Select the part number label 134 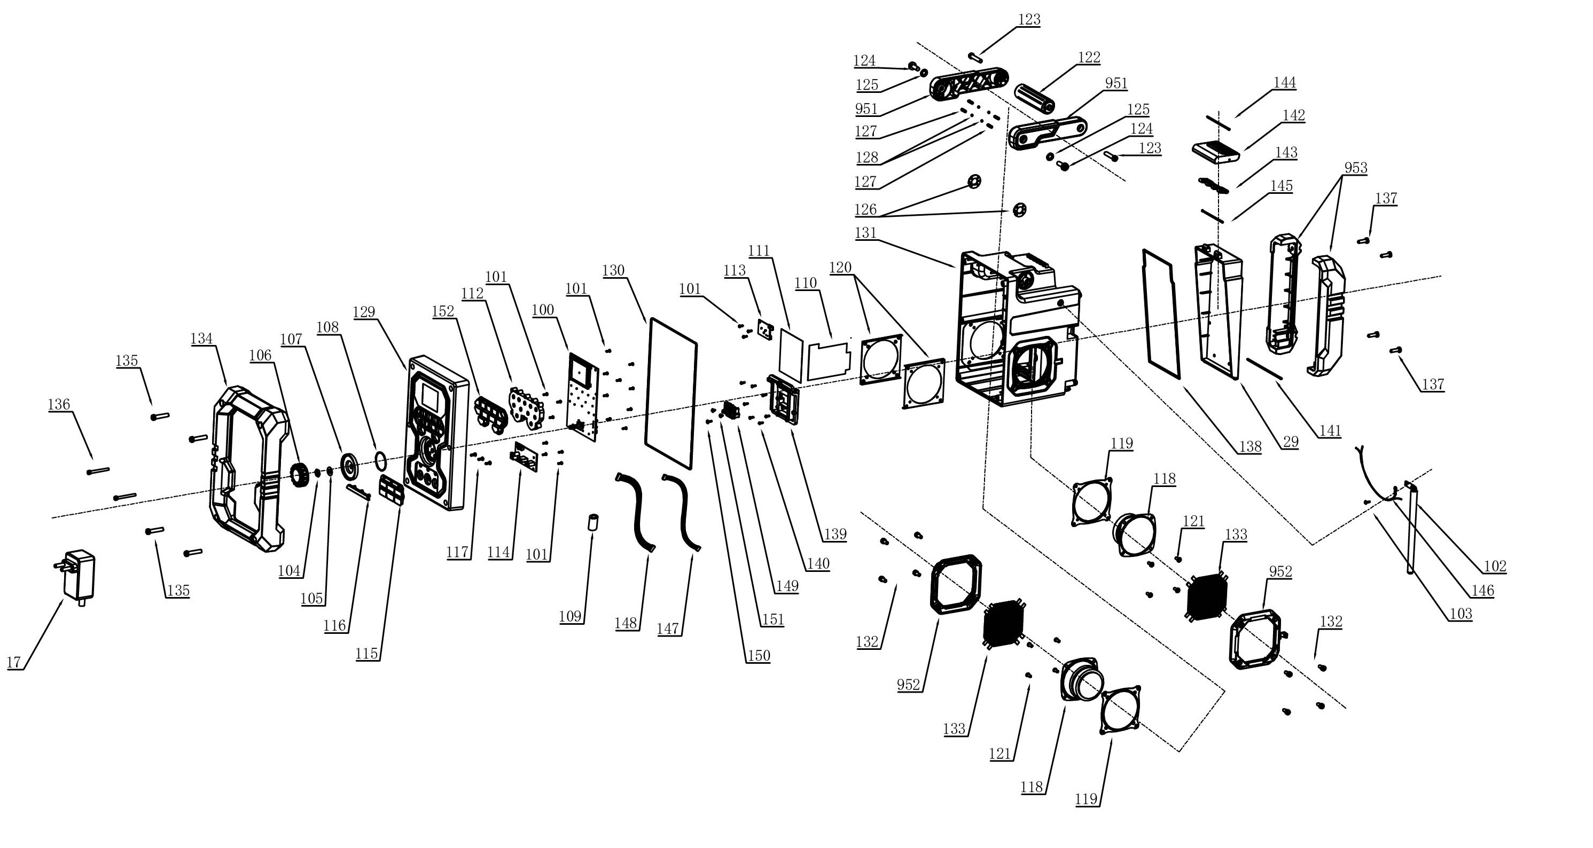pyautogui.click(x=201, y=338)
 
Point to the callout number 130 pyautogui.click(x=613, y=270)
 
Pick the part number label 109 pyautogui.click(x=570, y=616)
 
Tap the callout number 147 pyautogui.click(x=668, y=629)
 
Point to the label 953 pyautogui.click(x=1355, y=168)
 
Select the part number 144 pyautogui.click(x=1284, y=83)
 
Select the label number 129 pyautogui.click(x=364, y=312)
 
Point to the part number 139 pyautogui.click(x=835, y=533)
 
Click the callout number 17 pyautogui.click(x=13, y=662)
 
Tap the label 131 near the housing pyautogui.click(x=866, y=233)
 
